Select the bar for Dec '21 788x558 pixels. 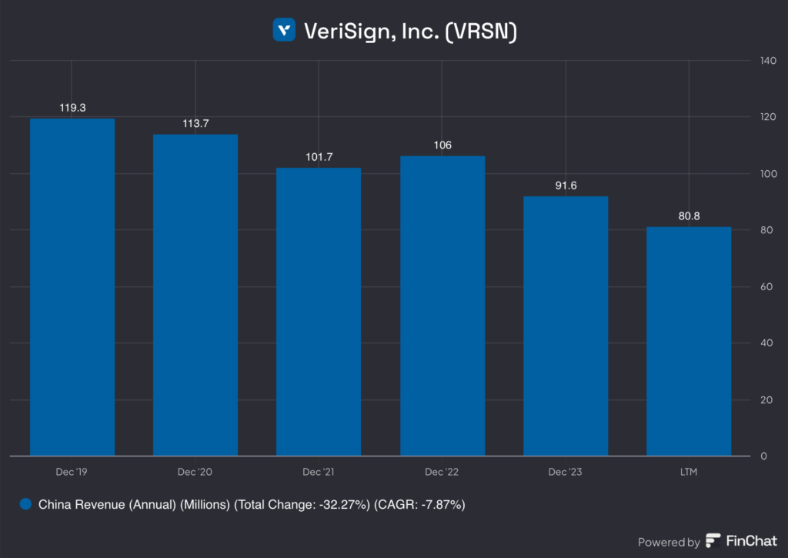pos(319,312)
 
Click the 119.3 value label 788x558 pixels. pos(72,108)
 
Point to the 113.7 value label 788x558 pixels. pos(195,124)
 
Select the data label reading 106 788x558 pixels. pos(442,145)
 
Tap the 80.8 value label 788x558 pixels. pos(689,216)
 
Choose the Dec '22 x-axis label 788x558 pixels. pos(442,471)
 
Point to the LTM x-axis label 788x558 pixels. pos(689,471)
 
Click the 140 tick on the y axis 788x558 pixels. pos(768,61)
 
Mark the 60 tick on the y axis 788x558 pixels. pos(766,287)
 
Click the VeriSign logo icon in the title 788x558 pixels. pos(284,30)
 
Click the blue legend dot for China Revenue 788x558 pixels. pos(25,505)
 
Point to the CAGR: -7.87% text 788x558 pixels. pos(419,506)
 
